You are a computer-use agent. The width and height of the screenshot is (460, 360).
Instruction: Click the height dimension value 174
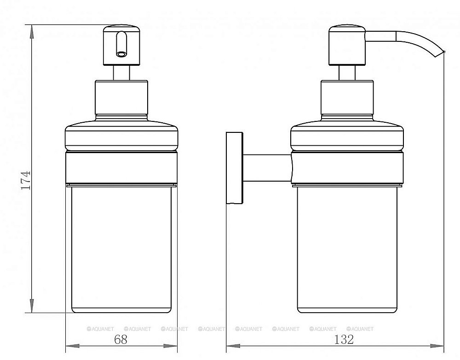26,180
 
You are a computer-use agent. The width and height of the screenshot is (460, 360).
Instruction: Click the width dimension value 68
120,340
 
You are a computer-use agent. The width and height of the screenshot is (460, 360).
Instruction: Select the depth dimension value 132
344,340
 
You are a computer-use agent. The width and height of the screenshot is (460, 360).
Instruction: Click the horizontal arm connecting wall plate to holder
267,167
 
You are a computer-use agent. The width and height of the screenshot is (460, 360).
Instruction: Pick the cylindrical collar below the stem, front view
122,98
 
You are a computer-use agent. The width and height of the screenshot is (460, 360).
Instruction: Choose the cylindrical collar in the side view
347,98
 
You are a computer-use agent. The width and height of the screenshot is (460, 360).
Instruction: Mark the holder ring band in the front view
122,168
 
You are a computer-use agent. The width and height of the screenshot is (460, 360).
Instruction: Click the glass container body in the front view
122,248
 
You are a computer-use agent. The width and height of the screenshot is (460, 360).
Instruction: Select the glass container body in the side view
347,248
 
